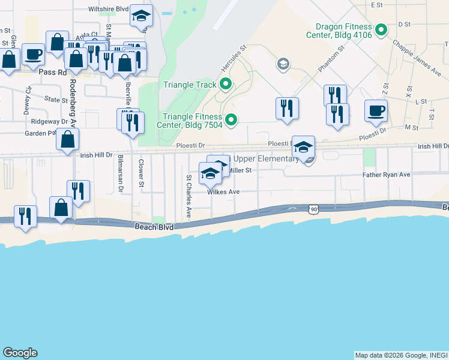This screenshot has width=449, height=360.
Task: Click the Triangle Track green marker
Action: [226, 84]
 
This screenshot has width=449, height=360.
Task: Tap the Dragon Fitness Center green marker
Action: [381, 29]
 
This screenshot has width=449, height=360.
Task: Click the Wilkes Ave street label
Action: [223, 192]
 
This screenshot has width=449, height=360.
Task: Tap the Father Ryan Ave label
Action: [386, 175]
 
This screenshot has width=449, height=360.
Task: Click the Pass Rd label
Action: [51, 71]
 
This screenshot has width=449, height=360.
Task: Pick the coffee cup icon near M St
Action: [376, 110]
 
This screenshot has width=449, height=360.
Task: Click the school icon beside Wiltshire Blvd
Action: [142, 15]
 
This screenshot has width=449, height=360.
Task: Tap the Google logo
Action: [20, 353]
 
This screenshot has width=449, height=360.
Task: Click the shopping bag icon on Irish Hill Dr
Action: [68, 140]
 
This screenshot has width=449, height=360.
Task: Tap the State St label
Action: [56, 100]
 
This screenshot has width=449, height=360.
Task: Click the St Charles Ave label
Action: [188, 196]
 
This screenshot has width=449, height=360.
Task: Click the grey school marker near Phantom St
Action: [283, 64]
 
